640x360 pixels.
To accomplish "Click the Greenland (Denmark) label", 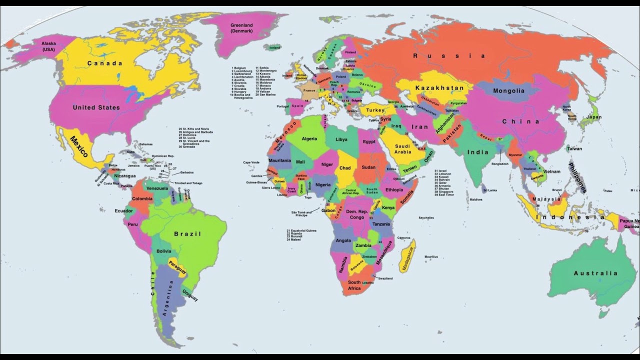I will [241, 28].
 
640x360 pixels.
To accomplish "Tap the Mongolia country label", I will [508, 91].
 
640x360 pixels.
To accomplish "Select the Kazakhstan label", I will [439, 88].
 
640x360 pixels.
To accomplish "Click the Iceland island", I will [274, 47].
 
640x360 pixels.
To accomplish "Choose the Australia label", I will [595, 273].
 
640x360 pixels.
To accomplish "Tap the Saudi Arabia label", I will [402, 149].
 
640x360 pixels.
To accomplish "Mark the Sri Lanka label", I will [489, 190].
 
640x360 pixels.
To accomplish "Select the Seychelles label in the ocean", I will [426, 218].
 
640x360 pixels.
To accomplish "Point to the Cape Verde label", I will [251, 162].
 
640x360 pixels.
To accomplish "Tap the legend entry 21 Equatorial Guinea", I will [301, 230].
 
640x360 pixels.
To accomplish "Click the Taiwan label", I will [574, 148].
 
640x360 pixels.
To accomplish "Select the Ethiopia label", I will [394, 190].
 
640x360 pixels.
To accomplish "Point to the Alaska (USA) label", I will [48, 46].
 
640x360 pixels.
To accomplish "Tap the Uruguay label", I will [190, 295].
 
